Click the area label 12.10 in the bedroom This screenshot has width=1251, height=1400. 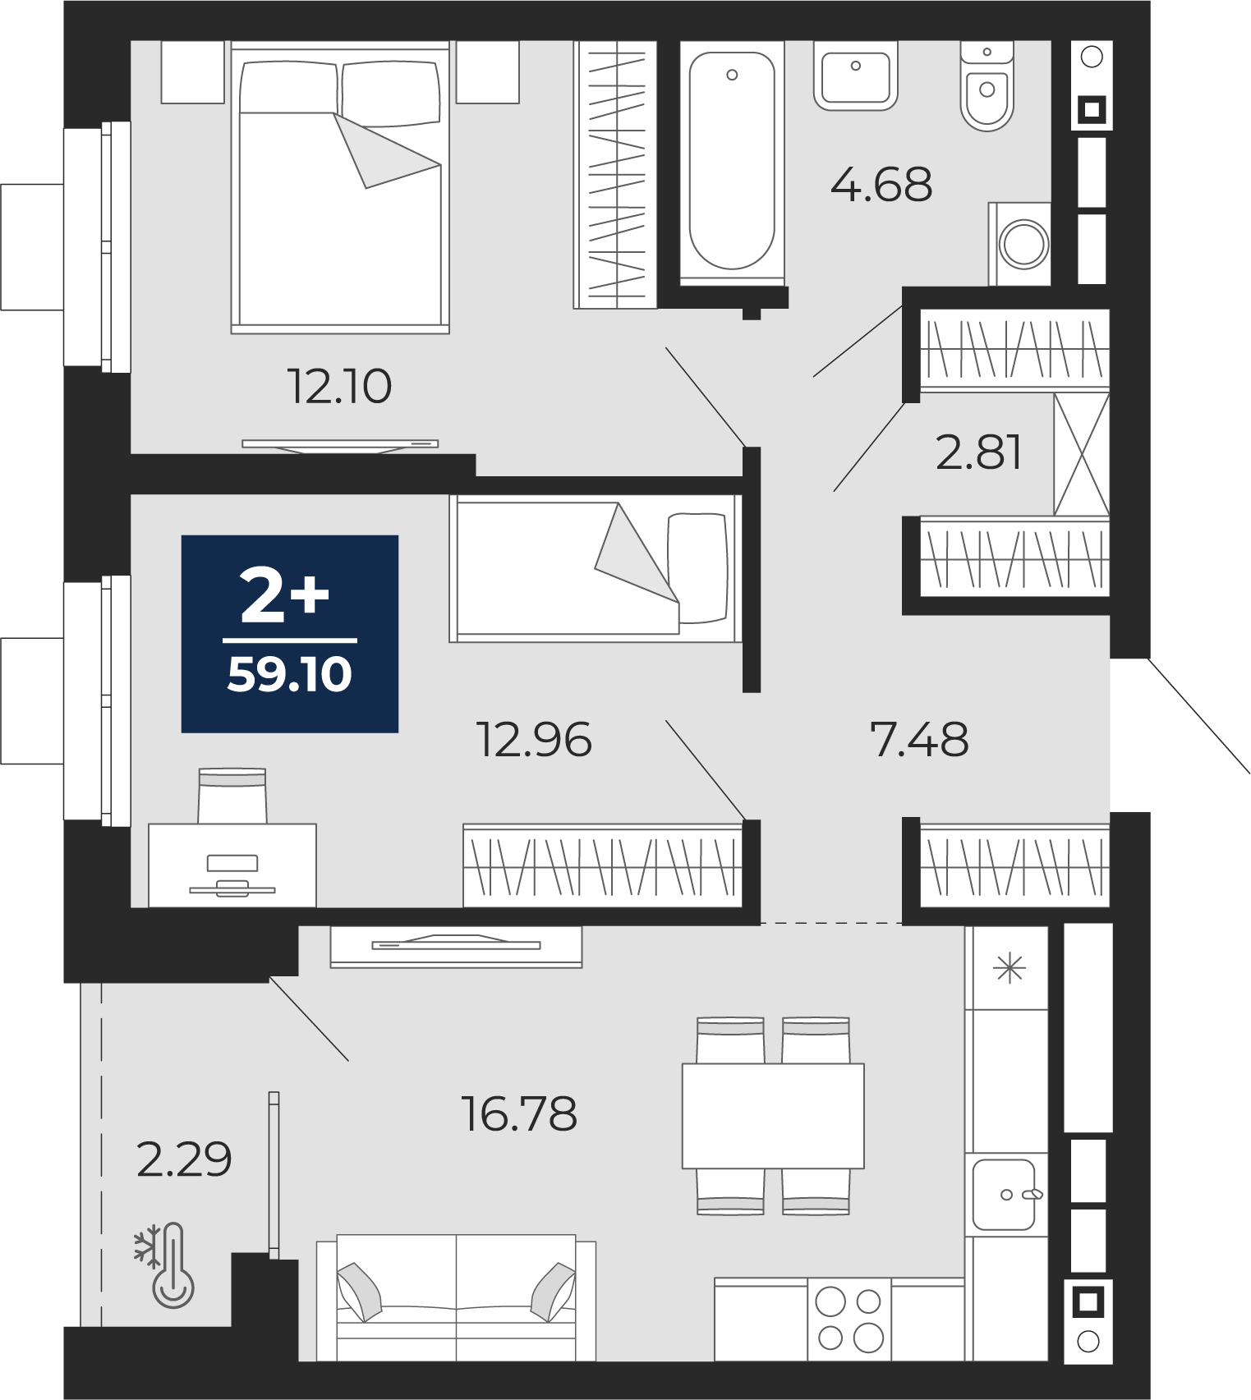pyautogui.click(x=339, y=386)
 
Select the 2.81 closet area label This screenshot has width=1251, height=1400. pyautogui.click(x=979, y=452)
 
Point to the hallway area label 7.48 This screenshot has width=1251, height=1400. pyautogui.click(x=919, y=739)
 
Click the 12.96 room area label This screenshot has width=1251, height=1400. pyautogui.click(x=534, y=739)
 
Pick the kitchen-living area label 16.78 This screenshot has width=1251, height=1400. pyautogui.click(x=519, y=1114)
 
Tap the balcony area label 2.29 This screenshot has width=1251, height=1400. pyautogui.click(x=184, y=1159)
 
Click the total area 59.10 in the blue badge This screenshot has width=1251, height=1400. pyautogui.click(x=289, y=674)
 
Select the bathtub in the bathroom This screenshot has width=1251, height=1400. pyautogui.click(x=732, y=162)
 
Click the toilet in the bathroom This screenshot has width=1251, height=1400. pyautogui.click(x=987, y=85)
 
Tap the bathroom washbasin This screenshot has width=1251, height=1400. pyautogui.click(x=856, y=76)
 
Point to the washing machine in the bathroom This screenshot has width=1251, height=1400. pyautogui.click(x=1020, y=244)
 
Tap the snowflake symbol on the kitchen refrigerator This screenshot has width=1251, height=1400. pyautogui.click(x=1010, y=969)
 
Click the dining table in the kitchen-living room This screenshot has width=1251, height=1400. pyautogui.click(x=773, y=1116)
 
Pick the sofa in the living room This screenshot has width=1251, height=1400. pyautogui.click(x=456, y=1297)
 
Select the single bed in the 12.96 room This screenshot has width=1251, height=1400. pyautogui.click(x=596, y=568)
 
